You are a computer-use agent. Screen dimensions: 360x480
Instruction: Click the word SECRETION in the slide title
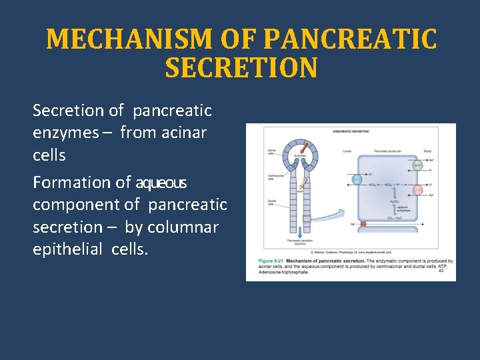click(x=241, y=68)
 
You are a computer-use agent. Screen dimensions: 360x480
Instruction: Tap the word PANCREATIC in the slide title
click(x=350, y=40)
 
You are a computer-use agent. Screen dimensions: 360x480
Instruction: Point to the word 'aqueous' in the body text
click(x=161, y=182)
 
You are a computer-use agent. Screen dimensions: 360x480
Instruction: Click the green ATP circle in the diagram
click(x=418, y=165)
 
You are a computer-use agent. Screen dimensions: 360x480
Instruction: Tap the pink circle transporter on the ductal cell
click(x=418, y=190)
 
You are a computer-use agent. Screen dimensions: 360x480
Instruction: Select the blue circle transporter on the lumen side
click(x=357, y=179)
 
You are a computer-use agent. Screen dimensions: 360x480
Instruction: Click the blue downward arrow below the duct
click(x=301, y=231)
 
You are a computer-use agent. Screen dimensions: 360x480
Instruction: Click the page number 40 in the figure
click(x=441, y=270)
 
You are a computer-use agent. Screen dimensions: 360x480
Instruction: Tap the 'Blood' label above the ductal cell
click(x=426, y=151)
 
